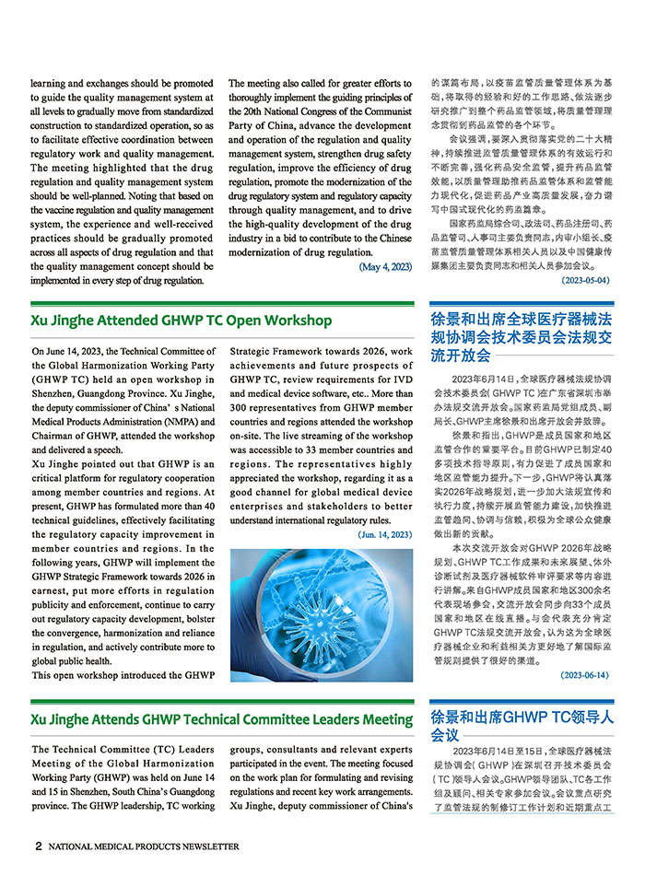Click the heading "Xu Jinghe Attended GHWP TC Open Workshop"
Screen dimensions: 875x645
point(181,321)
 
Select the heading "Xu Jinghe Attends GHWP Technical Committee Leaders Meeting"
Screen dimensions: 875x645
point(221,718)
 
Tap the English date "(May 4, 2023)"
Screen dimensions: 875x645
point(384,267)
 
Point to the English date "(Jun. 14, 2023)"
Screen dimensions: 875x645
point(383,534)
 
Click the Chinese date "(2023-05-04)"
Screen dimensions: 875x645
point(585,280)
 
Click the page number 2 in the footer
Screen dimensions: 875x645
point(38,846)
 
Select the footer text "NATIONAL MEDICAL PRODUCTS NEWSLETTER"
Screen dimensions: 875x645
point(144,846)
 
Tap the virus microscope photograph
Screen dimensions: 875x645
point(321,614)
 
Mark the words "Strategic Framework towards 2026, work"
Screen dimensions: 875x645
point(320,352)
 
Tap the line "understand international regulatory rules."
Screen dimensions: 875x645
point(313,519)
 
